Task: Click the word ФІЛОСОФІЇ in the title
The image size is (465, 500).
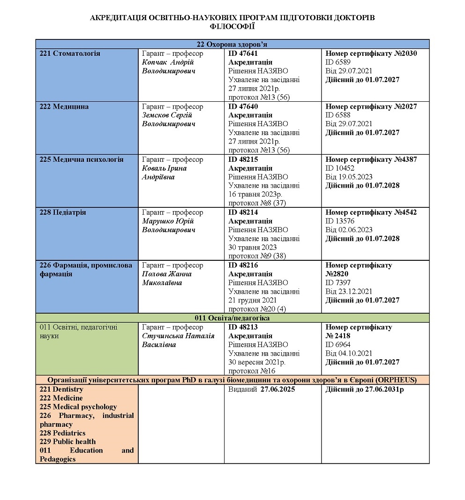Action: point(232,27)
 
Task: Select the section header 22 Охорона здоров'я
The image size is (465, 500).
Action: point(232,44)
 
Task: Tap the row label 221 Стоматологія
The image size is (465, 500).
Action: point(70,53)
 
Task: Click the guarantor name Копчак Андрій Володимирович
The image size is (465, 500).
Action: point(168,67)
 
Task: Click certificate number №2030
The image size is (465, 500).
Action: point(405,53)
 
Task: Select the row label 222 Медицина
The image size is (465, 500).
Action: point(64,106)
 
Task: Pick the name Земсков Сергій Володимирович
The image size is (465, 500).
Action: point(168,120)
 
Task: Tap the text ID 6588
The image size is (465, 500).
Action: point(338,115)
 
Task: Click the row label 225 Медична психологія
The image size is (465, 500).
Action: point(82,159)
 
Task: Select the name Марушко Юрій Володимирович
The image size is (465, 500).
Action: point(168,226)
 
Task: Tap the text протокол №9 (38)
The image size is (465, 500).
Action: point(257,256)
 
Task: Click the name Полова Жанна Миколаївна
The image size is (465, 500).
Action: point(167,279)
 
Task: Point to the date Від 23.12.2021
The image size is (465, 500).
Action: point(349,292)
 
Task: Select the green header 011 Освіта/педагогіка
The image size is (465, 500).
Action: point(232,318)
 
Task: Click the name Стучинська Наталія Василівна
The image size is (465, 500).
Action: point(178,341)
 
